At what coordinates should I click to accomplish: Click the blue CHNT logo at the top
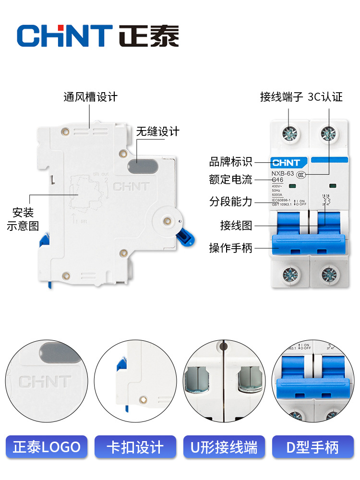coord(64,36)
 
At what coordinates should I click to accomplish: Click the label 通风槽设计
coord(90,97)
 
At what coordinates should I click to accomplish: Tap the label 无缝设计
coord(157,131)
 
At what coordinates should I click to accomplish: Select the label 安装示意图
coord(23,219)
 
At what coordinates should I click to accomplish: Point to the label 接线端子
coord(281,97)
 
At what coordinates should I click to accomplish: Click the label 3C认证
coord(325,97)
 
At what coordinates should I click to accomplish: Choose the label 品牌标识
coord(230,162)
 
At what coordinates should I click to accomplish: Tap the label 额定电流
coord(230,180)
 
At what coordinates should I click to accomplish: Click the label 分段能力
coord(230,202)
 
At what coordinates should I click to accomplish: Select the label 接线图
coord(236,225)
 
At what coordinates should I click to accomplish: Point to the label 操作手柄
coord(230,248)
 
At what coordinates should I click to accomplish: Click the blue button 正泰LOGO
coord(47,447)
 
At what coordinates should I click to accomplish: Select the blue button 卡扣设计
coord(136,447)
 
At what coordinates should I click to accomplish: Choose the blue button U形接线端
coord(224,447)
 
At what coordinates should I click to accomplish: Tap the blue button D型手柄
coord(312,447)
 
